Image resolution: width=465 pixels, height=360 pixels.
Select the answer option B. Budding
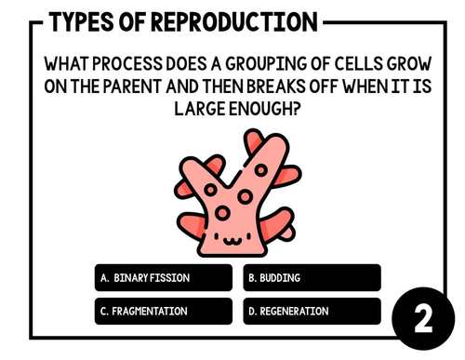[x=312, y=278]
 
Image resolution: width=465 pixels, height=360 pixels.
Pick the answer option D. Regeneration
[x=312, y=312]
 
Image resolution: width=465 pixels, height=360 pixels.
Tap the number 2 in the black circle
[x=423, y=321]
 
